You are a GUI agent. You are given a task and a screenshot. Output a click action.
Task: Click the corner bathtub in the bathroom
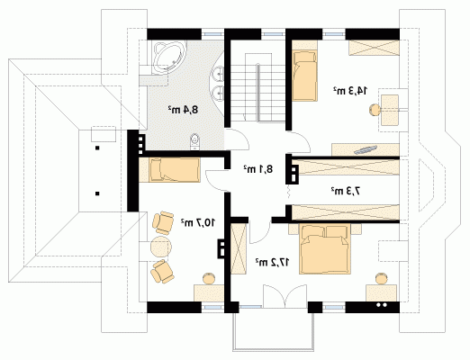(170, 58)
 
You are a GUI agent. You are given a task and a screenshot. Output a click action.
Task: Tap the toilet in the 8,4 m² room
(195, 141)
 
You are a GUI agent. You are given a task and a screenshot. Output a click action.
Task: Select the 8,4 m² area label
(184, 110)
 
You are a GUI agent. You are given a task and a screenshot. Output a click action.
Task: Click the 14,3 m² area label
(350, 90)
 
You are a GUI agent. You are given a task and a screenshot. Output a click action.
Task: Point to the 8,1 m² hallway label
(258, 169)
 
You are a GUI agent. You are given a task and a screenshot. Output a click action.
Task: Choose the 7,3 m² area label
(346, 191)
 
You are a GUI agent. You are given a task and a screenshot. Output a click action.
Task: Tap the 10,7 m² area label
(198, 222)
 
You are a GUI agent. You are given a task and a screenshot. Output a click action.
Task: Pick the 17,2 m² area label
(273, 262)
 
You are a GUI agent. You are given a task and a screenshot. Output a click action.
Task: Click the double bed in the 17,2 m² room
(325, 249)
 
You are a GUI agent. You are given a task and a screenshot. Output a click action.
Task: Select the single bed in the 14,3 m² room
(305, 76)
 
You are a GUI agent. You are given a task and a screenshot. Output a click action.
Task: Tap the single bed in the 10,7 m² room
(175, 170)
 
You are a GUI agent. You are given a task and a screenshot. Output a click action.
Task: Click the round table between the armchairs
(161, 247)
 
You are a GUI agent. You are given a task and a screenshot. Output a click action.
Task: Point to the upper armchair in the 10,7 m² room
(163, 222)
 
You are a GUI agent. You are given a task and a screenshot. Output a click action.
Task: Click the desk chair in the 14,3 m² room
(375, 110)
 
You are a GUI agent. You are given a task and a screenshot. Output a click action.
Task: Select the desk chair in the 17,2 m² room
(381, 278)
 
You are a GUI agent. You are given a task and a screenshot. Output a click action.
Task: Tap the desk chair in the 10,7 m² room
(209, 278)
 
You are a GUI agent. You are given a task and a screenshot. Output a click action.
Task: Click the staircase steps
(258, 87)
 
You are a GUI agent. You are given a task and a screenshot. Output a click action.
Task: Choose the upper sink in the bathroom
(218, 73)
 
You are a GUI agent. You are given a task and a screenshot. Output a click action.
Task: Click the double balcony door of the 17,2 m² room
(285, 296)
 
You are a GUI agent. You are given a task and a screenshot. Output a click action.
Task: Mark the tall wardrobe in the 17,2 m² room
(239, 248)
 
